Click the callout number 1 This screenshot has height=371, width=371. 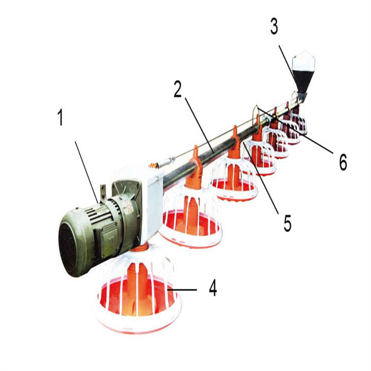pos(61,118)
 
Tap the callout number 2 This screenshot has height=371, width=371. pos(178,89)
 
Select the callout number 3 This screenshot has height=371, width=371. pos(274,27)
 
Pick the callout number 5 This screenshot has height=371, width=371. pos(288,223)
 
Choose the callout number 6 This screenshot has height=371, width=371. pos(343,162)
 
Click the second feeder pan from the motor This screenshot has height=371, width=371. pos(191,213)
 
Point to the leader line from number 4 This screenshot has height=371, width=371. pos(182,289)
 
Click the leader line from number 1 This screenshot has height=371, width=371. pos(87,172)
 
